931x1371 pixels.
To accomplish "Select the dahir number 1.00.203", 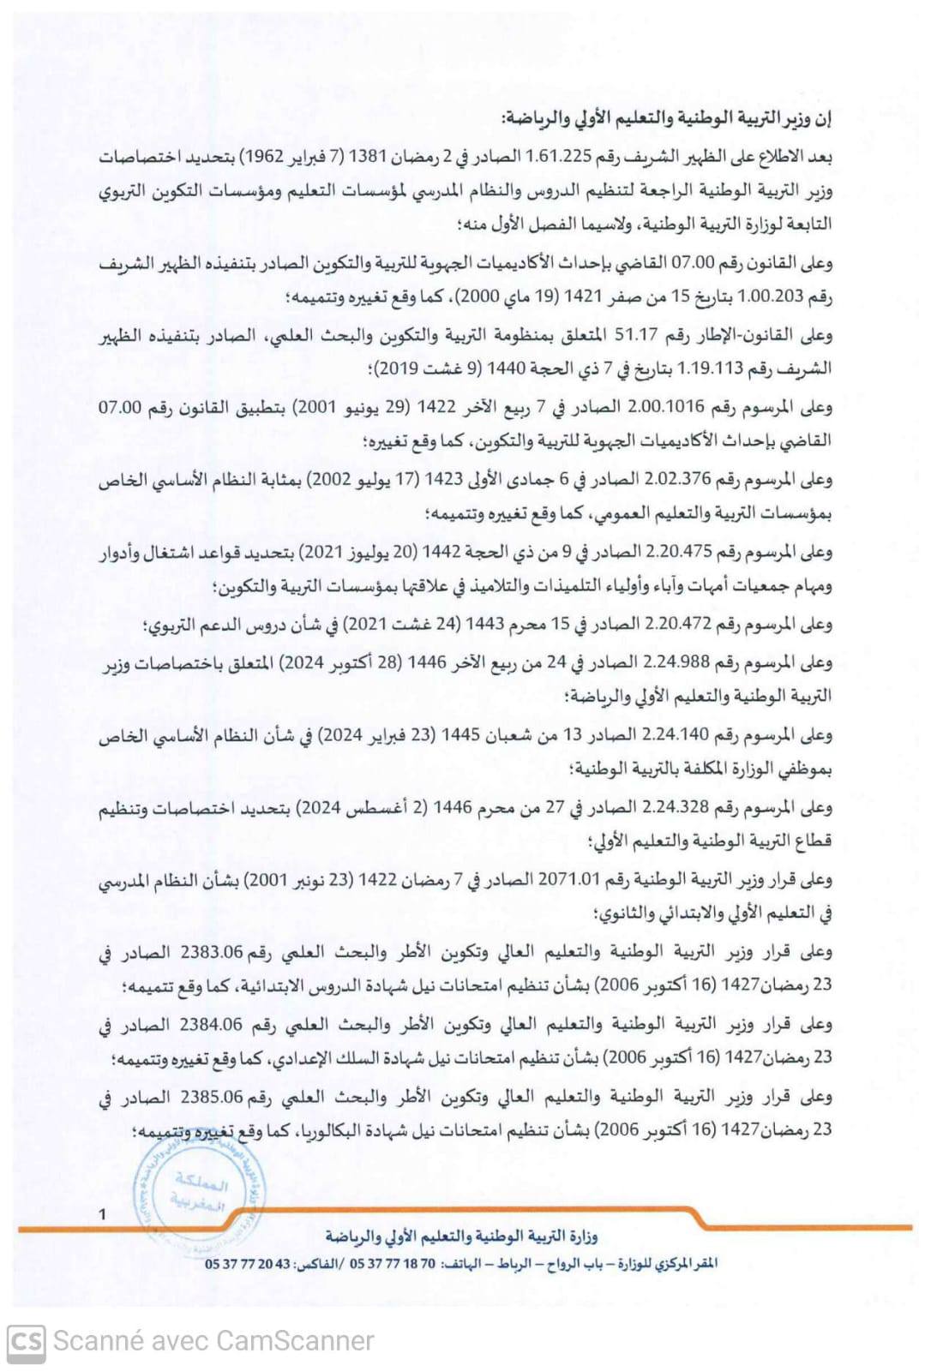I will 776,296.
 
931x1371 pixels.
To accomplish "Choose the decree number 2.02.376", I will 682,479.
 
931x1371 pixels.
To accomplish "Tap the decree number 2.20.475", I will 682,552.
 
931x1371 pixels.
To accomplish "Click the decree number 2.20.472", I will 682,624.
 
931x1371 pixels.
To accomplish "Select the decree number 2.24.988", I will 682,662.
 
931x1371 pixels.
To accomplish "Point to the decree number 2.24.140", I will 682,734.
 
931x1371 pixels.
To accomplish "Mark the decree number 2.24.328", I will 682,807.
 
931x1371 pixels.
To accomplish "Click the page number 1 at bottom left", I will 103,1213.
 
